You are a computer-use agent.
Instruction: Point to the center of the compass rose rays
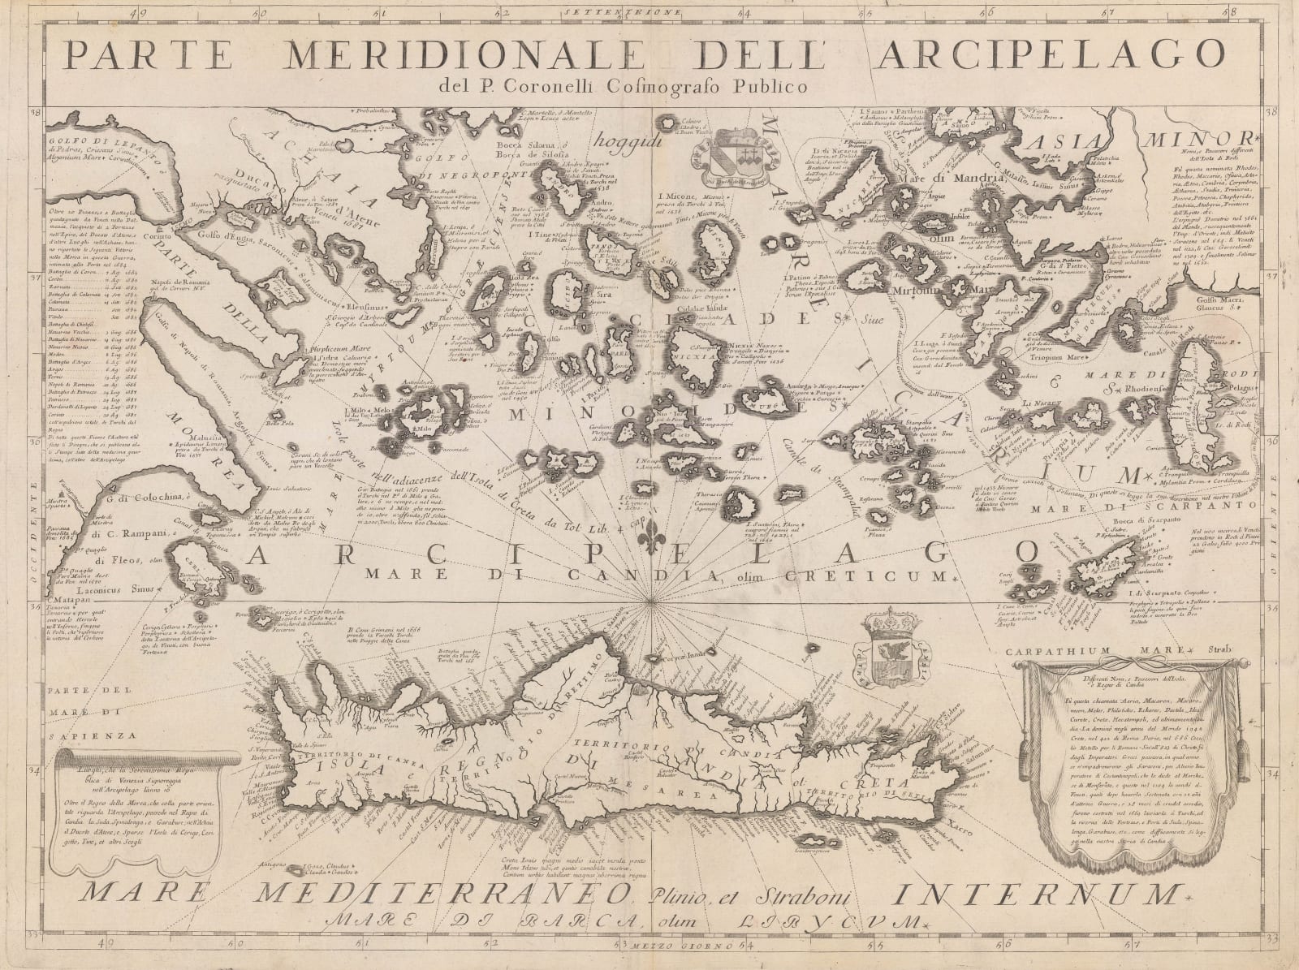[x=649, y=601]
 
